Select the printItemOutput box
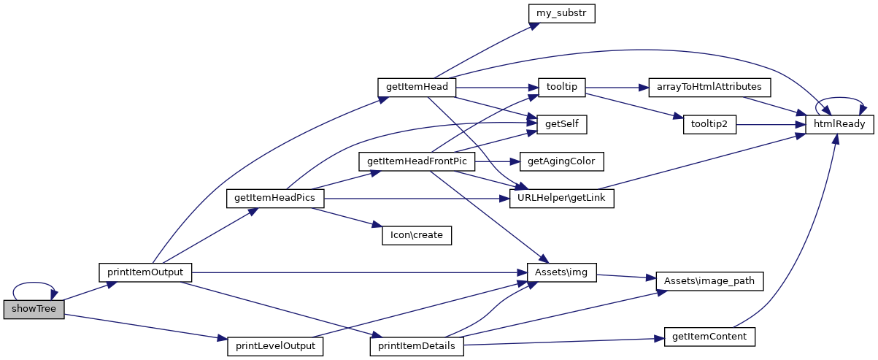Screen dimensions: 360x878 point(145,272)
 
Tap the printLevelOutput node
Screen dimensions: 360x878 point(275,345)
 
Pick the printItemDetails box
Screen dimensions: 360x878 point(417,345)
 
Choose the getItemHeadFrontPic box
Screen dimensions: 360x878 point(417,161)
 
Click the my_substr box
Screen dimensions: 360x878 point(561,13)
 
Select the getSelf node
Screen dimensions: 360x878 point(561,124)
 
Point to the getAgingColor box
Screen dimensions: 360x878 point(561,161)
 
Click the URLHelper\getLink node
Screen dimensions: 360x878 point(561,198)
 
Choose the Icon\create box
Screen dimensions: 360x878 point(417,235)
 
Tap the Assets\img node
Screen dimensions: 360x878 point(561,272)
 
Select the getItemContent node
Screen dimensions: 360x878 point(709,337)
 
